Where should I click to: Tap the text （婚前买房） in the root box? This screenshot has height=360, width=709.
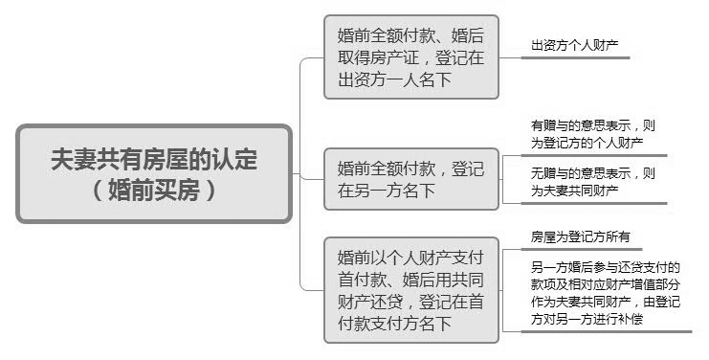(154, 190)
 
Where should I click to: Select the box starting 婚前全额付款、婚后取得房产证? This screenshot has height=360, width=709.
(410, 57)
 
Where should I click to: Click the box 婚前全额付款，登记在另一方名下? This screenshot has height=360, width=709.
(410, 178)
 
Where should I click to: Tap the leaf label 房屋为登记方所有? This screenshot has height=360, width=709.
(580, 236)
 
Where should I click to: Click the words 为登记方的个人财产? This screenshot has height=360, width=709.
(587, 143)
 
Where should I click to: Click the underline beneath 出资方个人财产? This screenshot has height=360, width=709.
(574, 57)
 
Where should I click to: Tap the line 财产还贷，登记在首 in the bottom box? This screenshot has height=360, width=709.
(410, 301)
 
